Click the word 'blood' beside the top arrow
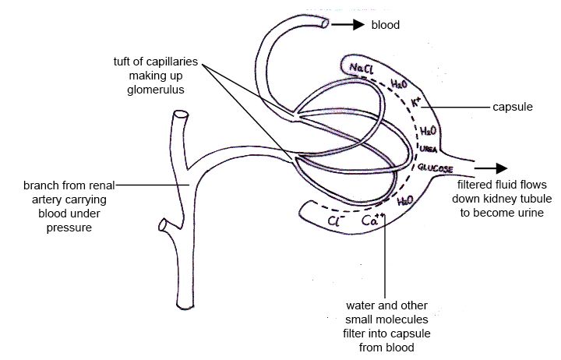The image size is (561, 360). [386, 25]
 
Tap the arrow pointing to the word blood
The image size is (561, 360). [348, 24]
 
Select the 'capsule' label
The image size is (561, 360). [513, 107]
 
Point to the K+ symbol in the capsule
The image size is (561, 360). [416, 102]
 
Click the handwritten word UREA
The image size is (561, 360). [429, 149]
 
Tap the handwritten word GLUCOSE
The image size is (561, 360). [436, 168]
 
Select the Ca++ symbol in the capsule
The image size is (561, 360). [372, 220]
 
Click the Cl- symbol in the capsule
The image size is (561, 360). [336, 221]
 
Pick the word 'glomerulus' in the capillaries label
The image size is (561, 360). [156, 90]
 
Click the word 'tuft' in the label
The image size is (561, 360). [122, 62]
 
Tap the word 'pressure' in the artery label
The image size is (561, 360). [69, 228]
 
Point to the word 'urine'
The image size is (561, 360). [531, 213]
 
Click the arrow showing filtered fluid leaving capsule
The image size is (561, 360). [491, 168]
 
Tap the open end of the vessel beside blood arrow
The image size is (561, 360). [325, 23]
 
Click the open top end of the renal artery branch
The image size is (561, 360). [181, 115]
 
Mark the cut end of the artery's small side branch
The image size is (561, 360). [162, 225]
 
